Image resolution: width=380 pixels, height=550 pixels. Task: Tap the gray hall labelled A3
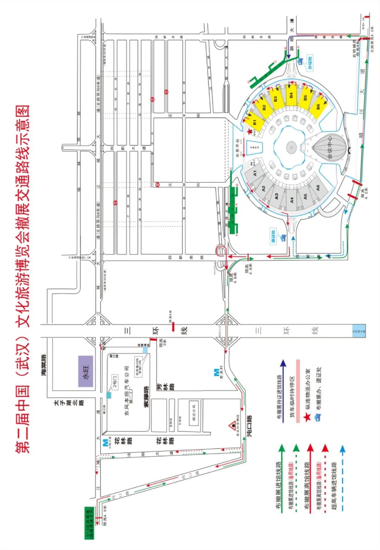point(276,196)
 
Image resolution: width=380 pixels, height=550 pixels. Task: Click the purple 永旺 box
point(85,371)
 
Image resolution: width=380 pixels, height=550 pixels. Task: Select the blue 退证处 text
point(273,236)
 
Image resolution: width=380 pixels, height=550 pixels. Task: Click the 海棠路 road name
point(44,365)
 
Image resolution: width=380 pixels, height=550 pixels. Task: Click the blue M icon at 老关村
point(216,373)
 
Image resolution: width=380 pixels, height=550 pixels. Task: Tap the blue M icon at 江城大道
point(105,442)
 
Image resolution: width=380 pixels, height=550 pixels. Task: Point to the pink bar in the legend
point(298,391)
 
